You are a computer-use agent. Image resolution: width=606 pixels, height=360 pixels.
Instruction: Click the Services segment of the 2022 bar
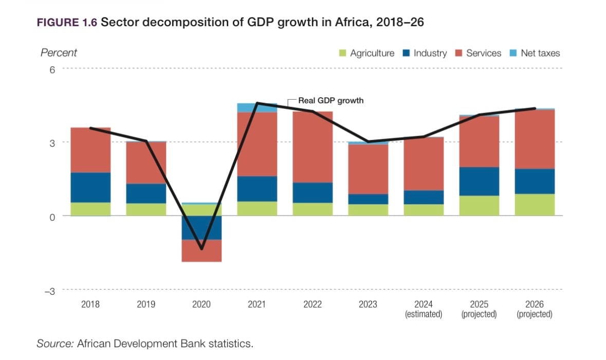pyautogui.click(x=313, y=147)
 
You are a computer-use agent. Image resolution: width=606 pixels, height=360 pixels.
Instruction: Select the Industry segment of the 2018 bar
pyautogui.click(x=90, y=187)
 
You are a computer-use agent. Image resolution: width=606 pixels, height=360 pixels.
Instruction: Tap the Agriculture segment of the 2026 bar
pyautogui.click(x=535, y=204)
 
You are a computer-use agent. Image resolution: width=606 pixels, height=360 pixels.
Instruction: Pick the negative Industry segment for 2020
pyautogui.click(x=201, y=227)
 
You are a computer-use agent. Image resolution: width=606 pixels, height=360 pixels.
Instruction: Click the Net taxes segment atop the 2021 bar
pyautogui.click(x=257, y=107)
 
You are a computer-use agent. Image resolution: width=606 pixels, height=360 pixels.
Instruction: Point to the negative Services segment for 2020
pyautogui.click(x=201, y=250)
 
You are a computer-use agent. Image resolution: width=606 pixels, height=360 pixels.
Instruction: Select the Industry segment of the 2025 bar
pyautogui.click(x=479, y=181)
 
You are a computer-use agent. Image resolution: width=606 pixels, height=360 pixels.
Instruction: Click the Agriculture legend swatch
pyautogui.click(x=343, y=53)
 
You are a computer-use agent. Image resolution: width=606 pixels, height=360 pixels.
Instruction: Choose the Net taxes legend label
pyautogui.click(x=540, y=53)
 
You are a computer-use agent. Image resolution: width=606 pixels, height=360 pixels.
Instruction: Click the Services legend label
pyautogui.click(x=484, y=53)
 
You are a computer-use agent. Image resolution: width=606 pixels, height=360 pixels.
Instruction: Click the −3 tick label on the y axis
pyautogui.click(x=49, y=291)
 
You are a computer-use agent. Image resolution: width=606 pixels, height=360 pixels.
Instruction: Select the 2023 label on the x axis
pyautogui.click(x=368, y=304)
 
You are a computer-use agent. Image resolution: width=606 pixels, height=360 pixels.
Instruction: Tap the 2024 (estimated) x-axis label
pyautogui.click(x=424, y=309)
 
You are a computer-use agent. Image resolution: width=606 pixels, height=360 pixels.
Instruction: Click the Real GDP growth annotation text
pyautogui.click(x=330, y=101)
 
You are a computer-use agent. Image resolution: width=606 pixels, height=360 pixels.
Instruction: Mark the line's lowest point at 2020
pyautogui.click(x=201, y=249)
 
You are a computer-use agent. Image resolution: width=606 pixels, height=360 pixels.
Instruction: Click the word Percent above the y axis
pyautogui.click(x=59, y=52)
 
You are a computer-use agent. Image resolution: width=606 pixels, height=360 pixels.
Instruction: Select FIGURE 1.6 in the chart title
pyautogui.click(x=67, y=23)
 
